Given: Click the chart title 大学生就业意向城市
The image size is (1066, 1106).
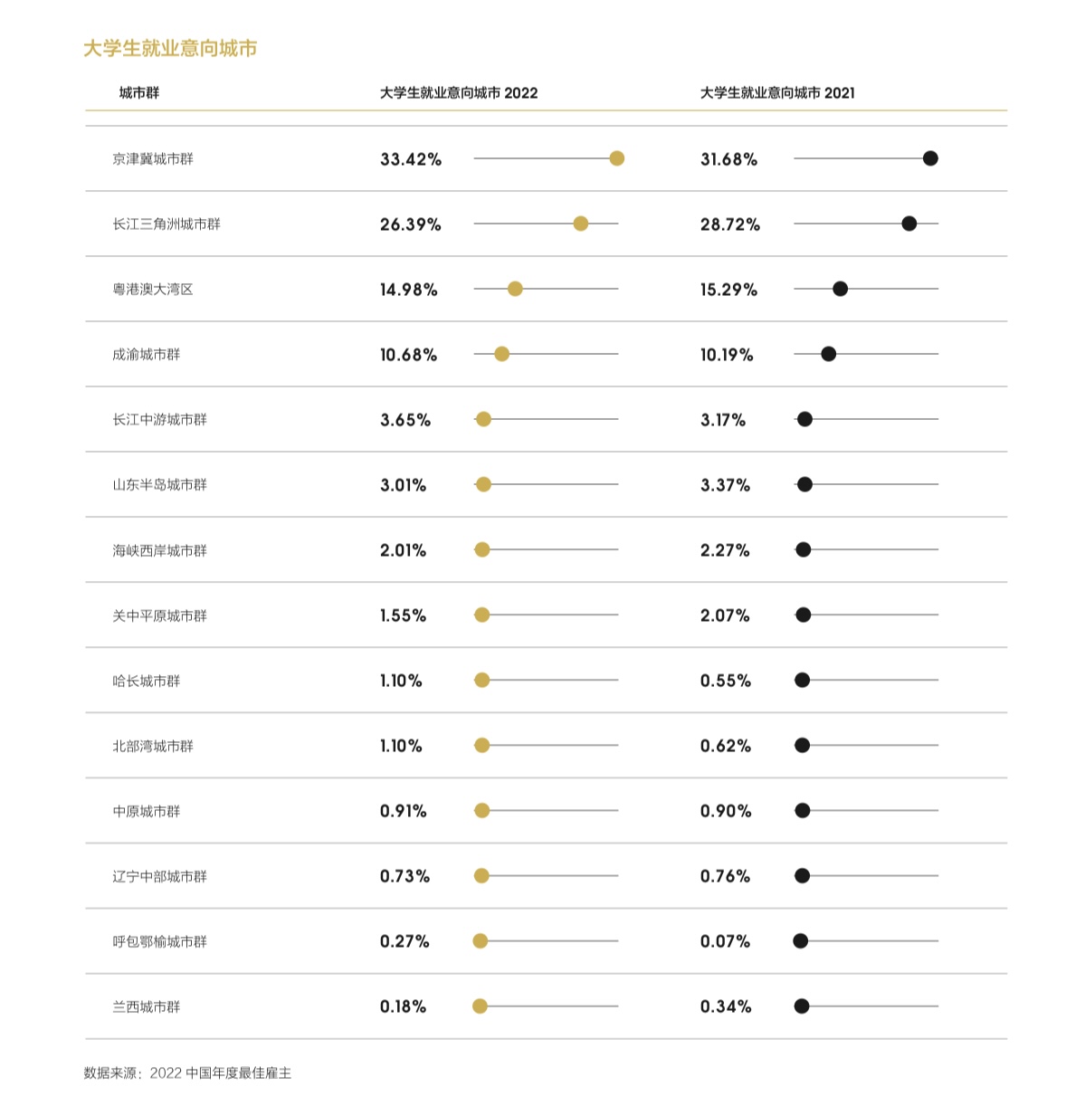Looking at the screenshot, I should click(x=170, y=49).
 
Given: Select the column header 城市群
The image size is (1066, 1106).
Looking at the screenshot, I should click(x=138, y=93).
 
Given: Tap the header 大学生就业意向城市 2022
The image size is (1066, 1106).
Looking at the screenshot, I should click(x=458, y=93).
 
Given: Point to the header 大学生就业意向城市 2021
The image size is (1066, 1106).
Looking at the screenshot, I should click(x=776, y=93).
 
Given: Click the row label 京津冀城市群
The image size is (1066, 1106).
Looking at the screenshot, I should click(x=153, y=159).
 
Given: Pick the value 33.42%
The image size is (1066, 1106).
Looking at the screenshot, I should click(x=410, y=159).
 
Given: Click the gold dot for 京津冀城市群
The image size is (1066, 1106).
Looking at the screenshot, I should click(x=616, y=158).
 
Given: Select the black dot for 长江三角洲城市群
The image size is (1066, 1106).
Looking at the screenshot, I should click(x=909, y=224).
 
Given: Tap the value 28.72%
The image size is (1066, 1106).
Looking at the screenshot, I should click(x=729, y=224).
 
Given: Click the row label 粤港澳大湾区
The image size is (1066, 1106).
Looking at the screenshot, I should click(x=153, y=290).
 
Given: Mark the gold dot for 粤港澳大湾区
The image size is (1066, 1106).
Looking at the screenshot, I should click(x=515, y=289).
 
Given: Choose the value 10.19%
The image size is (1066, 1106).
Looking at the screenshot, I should click(x=726, y=355).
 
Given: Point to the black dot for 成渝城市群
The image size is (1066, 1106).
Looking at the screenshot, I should click(x=828, y=354).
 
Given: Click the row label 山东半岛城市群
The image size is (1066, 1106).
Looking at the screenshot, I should click(x=159, y=485).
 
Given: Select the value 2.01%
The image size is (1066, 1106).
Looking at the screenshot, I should click(x=403, y=550).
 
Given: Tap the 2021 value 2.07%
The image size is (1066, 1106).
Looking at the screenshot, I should click(x=724, y=615).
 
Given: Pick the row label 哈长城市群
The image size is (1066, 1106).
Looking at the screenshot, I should click(x=147, y=681).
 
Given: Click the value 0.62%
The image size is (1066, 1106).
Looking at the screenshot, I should click(x=725, y=746).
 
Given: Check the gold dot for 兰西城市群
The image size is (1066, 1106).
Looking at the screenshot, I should click(x=481, y=1006).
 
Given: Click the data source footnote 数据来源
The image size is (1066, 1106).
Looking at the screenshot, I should click(x=187, y=1073).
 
